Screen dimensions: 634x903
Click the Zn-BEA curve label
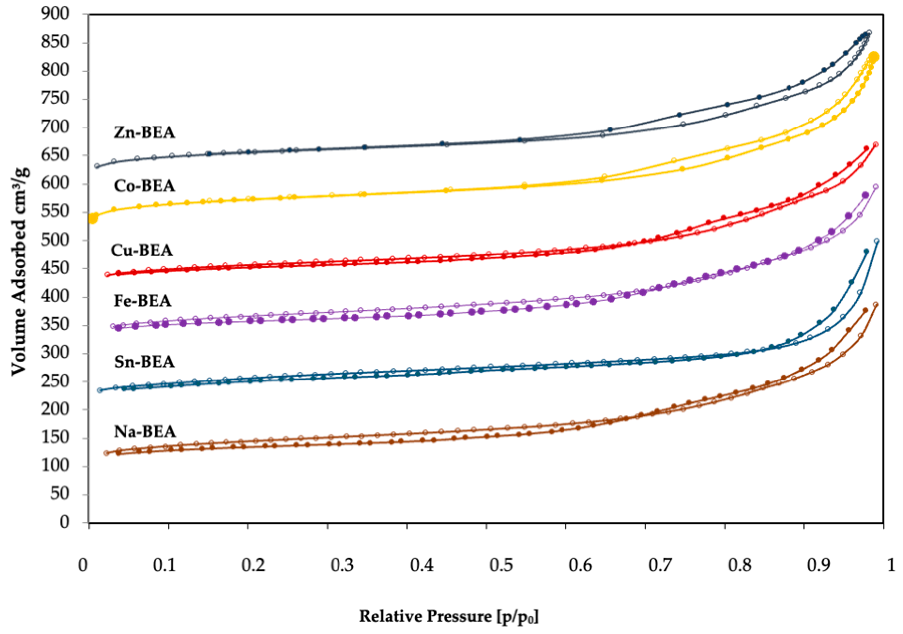point(144,132)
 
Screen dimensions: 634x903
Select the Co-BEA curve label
point(144,186)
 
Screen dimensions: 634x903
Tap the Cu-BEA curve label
point(142,250)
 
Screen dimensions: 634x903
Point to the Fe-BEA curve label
point(142,301)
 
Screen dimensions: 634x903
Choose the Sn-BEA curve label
point(144,361)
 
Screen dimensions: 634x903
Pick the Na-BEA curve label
point(145,431)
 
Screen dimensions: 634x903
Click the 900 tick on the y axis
point(56,13)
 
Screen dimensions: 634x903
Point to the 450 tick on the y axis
point(56,268)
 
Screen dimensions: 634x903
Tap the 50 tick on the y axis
point(60,494)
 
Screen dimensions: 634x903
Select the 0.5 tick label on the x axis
point(501,565)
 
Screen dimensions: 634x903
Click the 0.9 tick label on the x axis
point(819,565)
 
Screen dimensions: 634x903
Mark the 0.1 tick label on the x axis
point(165,565)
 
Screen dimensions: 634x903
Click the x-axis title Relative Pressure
point(449,617)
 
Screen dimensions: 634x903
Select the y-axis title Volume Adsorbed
point(20,271)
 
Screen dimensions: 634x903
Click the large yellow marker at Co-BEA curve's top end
point(874,57)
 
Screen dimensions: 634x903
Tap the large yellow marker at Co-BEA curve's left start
point(93,218)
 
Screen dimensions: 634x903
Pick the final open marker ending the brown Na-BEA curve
point(876,305)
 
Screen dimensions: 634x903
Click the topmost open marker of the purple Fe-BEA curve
point(876,187)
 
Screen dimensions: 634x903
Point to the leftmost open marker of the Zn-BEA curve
point(97,166)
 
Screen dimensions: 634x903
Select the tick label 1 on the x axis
point(891,565)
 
